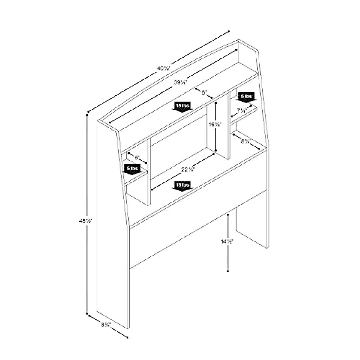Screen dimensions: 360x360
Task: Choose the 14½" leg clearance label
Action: (227, 241)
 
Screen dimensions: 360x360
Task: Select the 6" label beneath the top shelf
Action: (204, 92)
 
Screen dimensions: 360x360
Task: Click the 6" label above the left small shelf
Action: (137, 157)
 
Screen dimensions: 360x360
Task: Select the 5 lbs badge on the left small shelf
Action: (132, 168)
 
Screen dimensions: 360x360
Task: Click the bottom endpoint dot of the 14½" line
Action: (228, 271)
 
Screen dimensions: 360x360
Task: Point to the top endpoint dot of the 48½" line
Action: (88, 114)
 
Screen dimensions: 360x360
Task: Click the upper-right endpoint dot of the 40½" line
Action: (229, 31)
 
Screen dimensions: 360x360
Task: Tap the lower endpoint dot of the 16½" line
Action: (216, 150)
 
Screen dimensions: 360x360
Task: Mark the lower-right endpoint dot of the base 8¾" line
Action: (127, 338)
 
